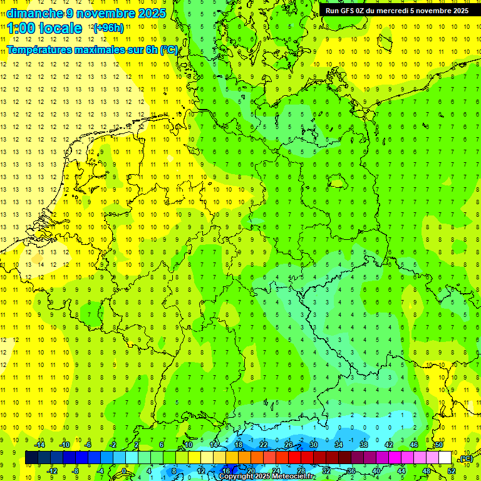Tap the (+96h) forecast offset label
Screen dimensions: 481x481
(x=108, y=28)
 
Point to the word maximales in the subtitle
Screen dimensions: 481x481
(x=104, y=49)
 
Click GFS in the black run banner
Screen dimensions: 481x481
(x=349, y=11)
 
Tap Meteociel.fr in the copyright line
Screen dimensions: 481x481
(x=289, y=477)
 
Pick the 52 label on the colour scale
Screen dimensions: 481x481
(x=452, y=471)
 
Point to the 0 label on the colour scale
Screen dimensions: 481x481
(x=124, y=471)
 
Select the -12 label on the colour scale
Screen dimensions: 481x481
(x=52, y=471)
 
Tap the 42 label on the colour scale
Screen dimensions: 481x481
(x=388, y=445)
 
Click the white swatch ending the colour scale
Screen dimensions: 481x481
(x=445, y=458)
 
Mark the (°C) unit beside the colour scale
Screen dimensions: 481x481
(x=466, y=458)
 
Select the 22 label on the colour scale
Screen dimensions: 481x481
(x=264, y=445)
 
